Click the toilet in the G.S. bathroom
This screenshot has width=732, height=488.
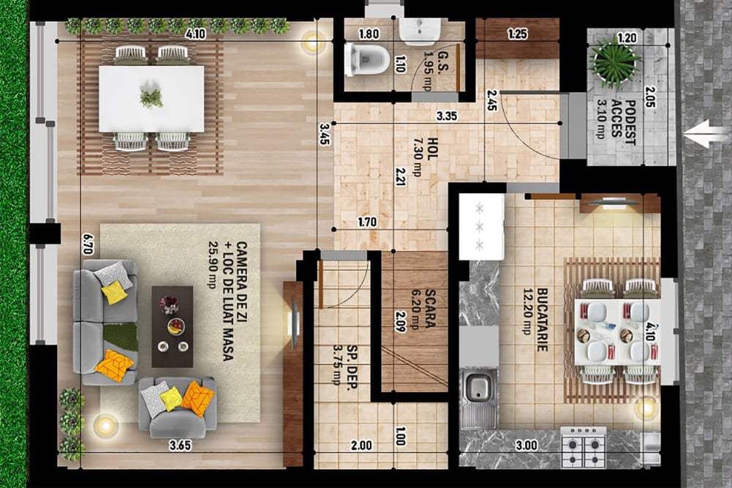click(366, 59)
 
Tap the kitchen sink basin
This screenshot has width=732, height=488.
click(478, 386)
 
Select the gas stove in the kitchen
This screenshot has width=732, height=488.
click(583, 447)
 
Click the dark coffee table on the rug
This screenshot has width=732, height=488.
click(173, 326)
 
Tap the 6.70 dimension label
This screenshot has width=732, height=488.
click(87, 244)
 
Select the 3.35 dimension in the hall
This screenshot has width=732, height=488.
click(446, 116)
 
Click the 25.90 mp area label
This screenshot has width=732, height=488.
click(214, 265)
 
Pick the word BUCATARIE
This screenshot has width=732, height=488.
click(542, 320)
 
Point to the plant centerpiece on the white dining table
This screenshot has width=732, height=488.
click(151, 97)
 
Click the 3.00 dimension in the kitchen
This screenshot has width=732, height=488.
click(527, 446)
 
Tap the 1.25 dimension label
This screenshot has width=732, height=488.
click(517, 34)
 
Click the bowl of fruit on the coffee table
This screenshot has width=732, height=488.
click(176, 326)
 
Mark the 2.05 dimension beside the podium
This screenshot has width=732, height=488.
click(649, 97)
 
